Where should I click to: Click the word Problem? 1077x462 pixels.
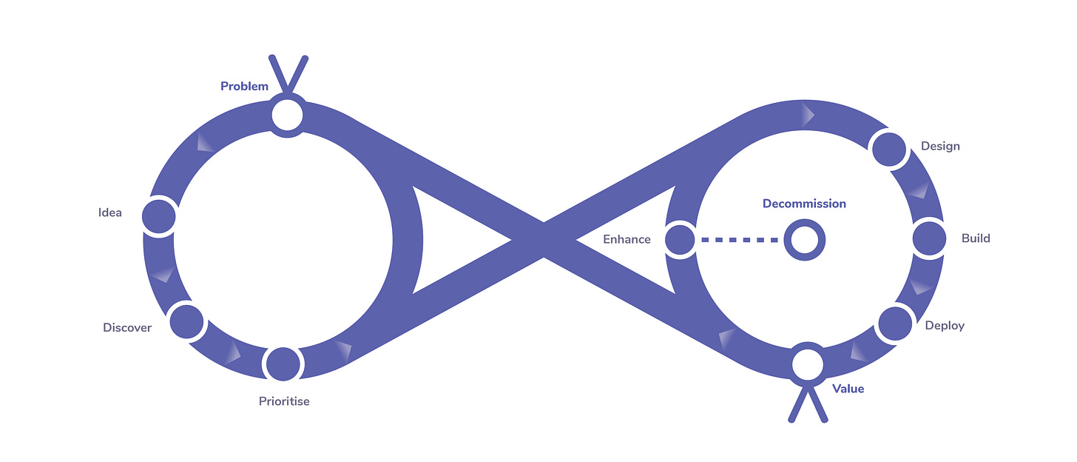(244, 87)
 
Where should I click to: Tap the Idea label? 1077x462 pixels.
(109, 213)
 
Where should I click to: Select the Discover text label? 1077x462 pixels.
(127, 327)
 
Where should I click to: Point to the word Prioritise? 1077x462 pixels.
(284, 401)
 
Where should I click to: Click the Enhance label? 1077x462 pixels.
(627, 240)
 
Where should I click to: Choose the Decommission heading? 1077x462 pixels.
(804, 204)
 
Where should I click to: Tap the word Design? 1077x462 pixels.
(940, 147)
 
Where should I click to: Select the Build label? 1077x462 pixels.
(976, 238)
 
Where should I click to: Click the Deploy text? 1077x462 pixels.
(945, 326)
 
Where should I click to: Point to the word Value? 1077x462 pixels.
(848, 389)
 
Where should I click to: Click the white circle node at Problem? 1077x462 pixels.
(287, 115)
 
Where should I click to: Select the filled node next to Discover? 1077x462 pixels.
(186, 321)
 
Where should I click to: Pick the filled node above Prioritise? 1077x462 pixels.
(283, 364)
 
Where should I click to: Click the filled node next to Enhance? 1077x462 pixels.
(680, 240)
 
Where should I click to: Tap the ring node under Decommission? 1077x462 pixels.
(804, 240)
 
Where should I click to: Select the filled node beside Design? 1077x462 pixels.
(890, 149)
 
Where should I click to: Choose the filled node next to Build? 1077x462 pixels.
(930, 239)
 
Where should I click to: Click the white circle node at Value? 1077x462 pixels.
(807, 364)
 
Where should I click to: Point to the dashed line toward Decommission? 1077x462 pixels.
(740, 240)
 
